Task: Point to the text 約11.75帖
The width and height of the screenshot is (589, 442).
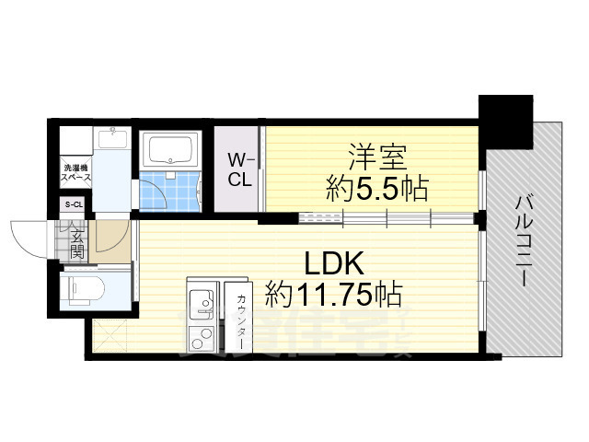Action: [333, 295]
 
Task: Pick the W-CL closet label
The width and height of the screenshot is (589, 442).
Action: [240, 169]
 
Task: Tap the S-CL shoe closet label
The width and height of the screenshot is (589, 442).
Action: [73, 204]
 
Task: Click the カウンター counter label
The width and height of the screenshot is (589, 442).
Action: [240, 318]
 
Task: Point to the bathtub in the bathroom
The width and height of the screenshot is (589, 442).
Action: [169, 149]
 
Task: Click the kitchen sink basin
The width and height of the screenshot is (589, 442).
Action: [201, 300]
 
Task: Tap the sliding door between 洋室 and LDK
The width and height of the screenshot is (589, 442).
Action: [387, 218]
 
